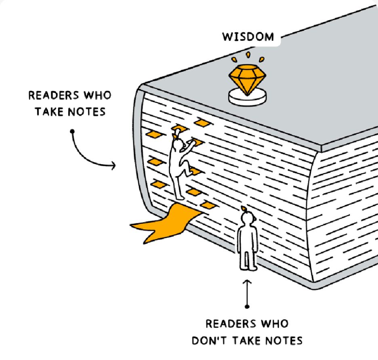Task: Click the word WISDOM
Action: coord(248,37)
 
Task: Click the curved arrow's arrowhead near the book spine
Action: coord(113,165)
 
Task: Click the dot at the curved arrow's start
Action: coord(72,131)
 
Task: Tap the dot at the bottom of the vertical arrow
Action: coord(247,306)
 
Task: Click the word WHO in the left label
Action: coord(97,96)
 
